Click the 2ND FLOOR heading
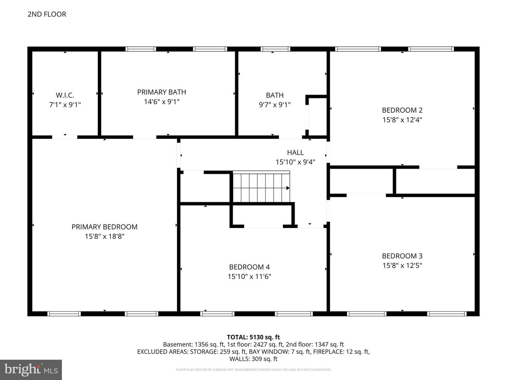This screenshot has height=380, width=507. coord(47,14)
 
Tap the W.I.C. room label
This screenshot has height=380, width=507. coord(65,95)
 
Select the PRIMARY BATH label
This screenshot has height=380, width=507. coord(162,92)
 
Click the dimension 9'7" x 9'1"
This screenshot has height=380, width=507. coord(275,105)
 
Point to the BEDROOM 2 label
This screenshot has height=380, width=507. coord(402,110)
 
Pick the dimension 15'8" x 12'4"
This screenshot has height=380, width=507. coord(402,120)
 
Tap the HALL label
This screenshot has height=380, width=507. coord(295,152)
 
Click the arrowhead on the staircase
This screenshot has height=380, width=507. coord(288,188)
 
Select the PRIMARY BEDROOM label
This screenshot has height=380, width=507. coord(105,227)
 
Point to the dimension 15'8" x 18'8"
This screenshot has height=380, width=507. coord(105,236)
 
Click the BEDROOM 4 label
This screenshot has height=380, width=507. coord(250,267)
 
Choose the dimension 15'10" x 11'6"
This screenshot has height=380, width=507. coord(250,277)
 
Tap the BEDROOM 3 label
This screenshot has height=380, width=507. coord(402,256)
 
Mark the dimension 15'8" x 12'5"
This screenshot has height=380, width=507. coord(402,266)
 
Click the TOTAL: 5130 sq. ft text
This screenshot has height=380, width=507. coord(254,337)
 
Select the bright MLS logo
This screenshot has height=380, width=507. coord(31,370)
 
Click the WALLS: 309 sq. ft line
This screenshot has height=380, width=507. coord(254,359)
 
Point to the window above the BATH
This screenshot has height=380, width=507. coord(275,49)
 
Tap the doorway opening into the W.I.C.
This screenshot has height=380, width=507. coord(64,137)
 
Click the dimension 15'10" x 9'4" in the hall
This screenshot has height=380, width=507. coord(295,162)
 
